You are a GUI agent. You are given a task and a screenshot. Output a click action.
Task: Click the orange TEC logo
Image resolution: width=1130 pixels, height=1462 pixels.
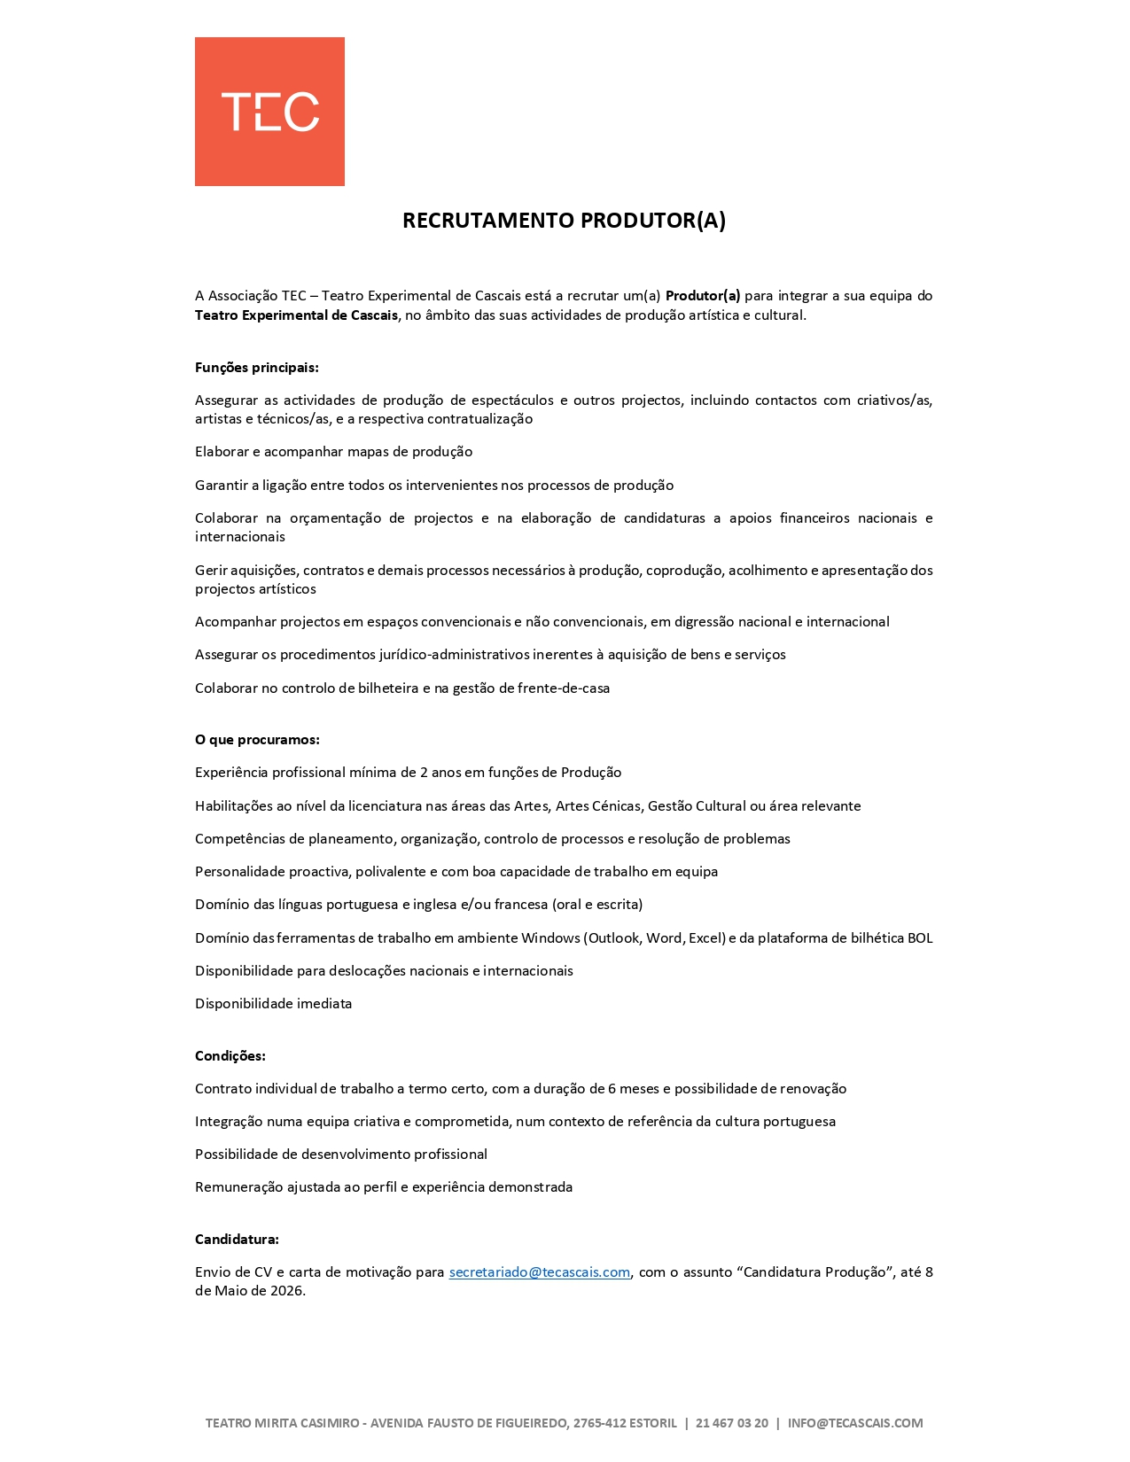269,112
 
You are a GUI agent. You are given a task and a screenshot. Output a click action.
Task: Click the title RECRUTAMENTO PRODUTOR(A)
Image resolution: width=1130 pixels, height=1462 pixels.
564,221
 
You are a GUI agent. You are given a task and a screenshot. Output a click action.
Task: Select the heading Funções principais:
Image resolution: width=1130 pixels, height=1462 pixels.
256,368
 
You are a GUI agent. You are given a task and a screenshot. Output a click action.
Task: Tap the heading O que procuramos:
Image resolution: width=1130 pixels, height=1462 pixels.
257,740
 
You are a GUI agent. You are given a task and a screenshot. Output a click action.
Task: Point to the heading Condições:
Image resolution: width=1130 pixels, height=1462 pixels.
230,1056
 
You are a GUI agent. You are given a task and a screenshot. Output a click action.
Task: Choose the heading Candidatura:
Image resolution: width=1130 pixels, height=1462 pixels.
237,1240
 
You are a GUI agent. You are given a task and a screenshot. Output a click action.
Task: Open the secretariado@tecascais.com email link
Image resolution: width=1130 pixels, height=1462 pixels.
539,1272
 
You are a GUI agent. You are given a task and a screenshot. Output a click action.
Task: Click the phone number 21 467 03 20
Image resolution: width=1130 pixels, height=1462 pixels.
731,1423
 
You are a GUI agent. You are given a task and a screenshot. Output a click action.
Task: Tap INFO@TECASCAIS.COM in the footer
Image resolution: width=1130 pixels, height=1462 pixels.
854,1423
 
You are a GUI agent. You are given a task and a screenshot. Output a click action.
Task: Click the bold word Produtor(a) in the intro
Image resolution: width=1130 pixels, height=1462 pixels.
702,296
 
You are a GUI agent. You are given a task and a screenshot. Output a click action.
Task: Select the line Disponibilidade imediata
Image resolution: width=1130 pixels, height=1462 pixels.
273,1004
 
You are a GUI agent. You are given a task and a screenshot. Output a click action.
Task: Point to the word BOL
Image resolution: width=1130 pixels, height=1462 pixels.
919,938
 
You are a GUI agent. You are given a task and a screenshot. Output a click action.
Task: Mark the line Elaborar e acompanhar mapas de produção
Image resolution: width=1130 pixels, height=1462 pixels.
333,452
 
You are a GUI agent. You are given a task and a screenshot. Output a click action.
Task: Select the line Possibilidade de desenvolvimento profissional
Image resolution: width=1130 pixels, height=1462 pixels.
340,1155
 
